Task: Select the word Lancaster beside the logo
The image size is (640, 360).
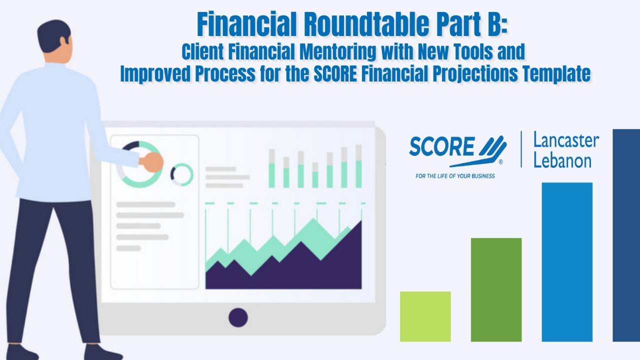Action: [566, 141]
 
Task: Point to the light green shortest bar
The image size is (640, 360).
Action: [425, 316]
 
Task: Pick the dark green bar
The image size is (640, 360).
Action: [496, 289]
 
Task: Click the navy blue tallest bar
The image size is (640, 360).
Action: [626, 235]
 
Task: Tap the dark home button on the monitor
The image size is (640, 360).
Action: [238, 317]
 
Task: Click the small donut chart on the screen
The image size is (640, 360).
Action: [181, 174]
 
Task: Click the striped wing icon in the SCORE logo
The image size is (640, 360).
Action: [493, 148]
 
